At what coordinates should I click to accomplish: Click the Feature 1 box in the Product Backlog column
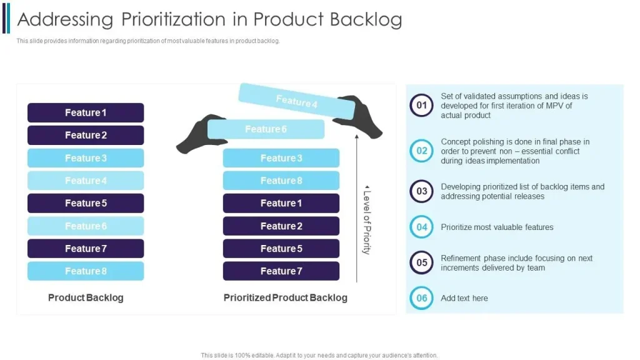coord(86,112)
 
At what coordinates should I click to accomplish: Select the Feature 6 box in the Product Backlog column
coord(86,226)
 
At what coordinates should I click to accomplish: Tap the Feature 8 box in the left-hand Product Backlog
coord(86,271)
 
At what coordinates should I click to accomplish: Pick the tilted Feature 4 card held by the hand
coord(296,101)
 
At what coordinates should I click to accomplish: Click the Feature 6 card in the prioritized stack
coord(266,129)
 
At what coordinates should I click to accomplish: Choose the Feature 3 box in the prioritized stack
coord(281,158)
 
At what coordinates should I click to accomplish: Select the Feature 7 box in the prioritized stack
coord(281,271)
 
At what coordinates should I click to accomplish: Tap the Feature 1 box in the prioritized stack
coord(281,203)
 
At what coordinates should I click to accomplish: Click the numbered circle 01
coord(422,105)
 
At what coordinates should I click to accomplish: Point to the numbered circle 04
coord(422,227)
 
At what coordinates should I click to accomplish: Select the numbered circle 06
coord(422,298)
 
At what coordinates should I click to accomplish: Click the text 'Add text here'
coord(464,298)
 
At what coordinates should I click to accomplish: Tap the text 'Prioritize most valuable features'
coord(497,227)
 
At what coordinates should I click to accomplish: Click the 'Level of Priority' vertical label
coord(367,219)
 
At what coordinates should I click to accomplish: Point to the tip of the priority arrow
coord(357,135)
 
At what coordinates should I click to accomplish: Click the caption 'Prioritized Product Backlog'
coord(285,297)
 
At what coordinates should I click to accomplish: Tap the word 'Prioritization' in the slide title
coord(174,19)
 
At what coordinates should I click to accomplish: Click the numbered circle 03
coord(422,191)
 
